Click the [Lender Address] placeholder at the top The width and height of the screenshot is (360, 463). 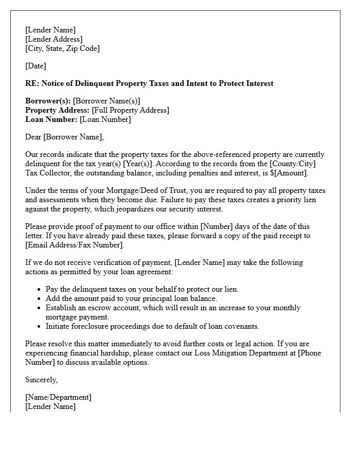click(53, 39)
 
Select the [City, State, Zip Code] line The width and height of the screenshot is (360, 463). click(62, 48)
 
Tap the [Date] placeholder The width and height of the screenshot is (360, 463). click(35, 66)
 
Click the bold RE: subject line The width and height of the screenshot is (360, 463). click(149, 83)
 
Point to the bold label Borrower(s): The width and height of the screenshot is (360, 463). click(48, 101)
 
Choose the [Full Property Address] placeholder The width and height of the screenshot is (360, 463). click(130, 110)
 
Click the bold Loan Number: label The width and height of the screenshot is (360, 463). click(51, 119)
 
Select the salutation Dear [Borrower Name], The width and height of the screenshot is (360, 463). click(64, 137)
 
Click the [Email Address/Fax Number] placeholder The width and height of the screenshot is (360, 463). click(75, 245)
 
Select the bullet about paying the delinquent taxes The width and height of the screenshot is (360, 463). click(142, 289)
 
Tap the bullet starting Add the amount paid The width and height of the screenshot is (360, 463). click(131, 298)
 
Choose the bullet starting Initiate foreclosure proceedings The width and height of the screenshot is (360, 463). click(152, 326)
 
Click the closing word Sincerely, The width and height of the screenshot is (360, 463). click(42, 380)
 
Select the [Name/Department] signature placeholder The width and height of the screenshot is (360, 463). click(58, 397)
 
